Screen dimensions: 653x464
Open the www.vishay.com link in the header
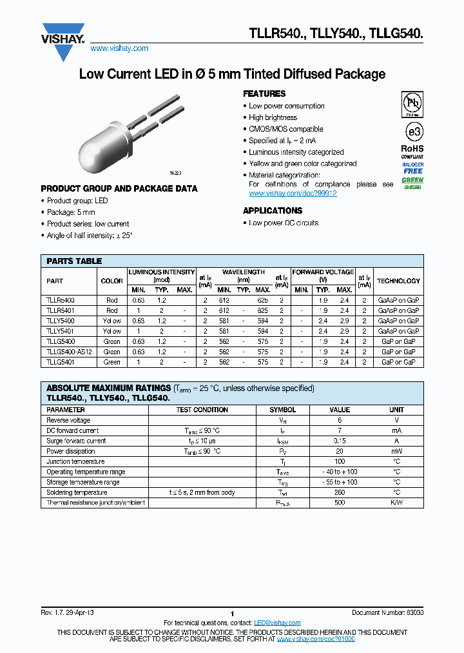click(x=119, y=48)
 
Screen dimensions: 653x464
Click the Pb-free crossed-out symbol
click(x=412, y=103)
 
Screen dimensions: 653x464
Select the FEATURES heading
click(x=264, y=94)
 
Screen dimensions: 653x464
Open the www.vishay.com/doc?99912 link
click(x=293, y=194)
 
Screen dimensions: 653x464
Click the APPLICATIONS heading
click(x=272, y=211)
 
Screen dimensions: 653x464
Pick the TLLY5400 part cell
click(x=61, y=321)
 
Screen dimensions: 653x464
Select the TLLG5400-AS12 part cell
click(x=70, y=352)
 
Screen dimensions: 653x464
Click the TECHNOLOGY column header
click(x=398, y=281)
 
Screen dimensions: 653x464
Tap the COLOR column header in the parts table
click(x=112, y=281)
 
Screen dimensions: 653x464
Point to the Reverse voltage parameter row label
click(x=68, y=420)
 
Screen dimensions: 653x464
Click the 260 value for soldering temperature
click(x=340, y=492)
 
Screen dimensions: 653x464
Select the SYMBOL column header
click(x=283, y=410)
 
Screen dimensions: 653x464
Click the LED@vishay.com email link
click(x=277, y=623)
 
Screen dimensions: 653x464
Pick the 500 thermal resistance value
click(x=340, y=503)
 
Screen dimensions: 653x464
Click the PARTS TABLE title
click(x=74, y=261)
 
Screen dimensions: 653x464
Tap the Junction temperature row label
click(x=75, y=461)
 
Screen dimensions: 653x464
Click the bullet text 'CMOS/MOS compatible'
click(x=286, y=129)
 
